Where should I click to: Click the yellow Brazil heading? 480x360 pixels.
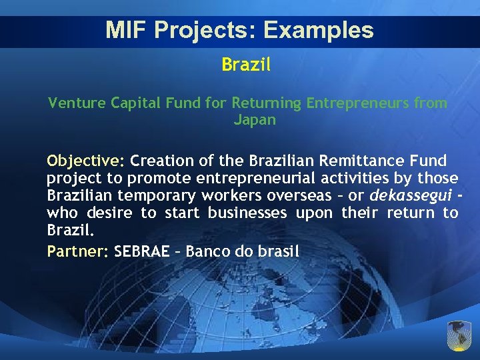tap(246, 65)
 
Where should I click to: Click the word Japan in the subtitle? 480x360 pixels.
tap(255, 121)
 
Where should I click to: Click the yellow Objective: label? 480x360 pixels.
tap(85, 161)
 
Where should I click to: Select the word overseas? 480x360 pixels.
tap(300, 196)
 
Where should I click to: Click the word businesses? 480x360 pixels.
tap(247, 213)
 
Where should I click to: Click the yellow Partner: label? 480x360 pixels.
tap(77, 252)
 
